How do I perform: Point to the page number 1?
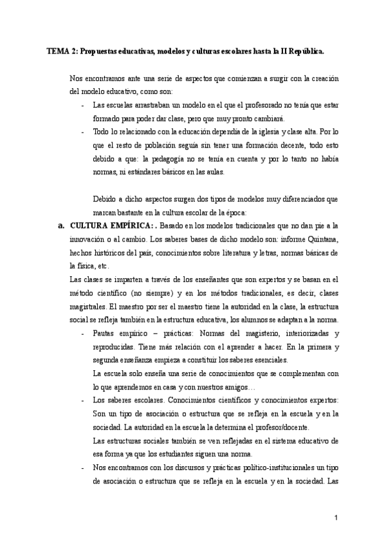[x=336, y=517]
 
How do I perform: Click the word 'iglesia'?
[x=246, y=129]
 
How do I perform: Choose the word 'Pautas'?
[x=105, y=334]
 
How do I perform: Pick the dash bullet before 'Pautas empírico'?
[x=82, y=334]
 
